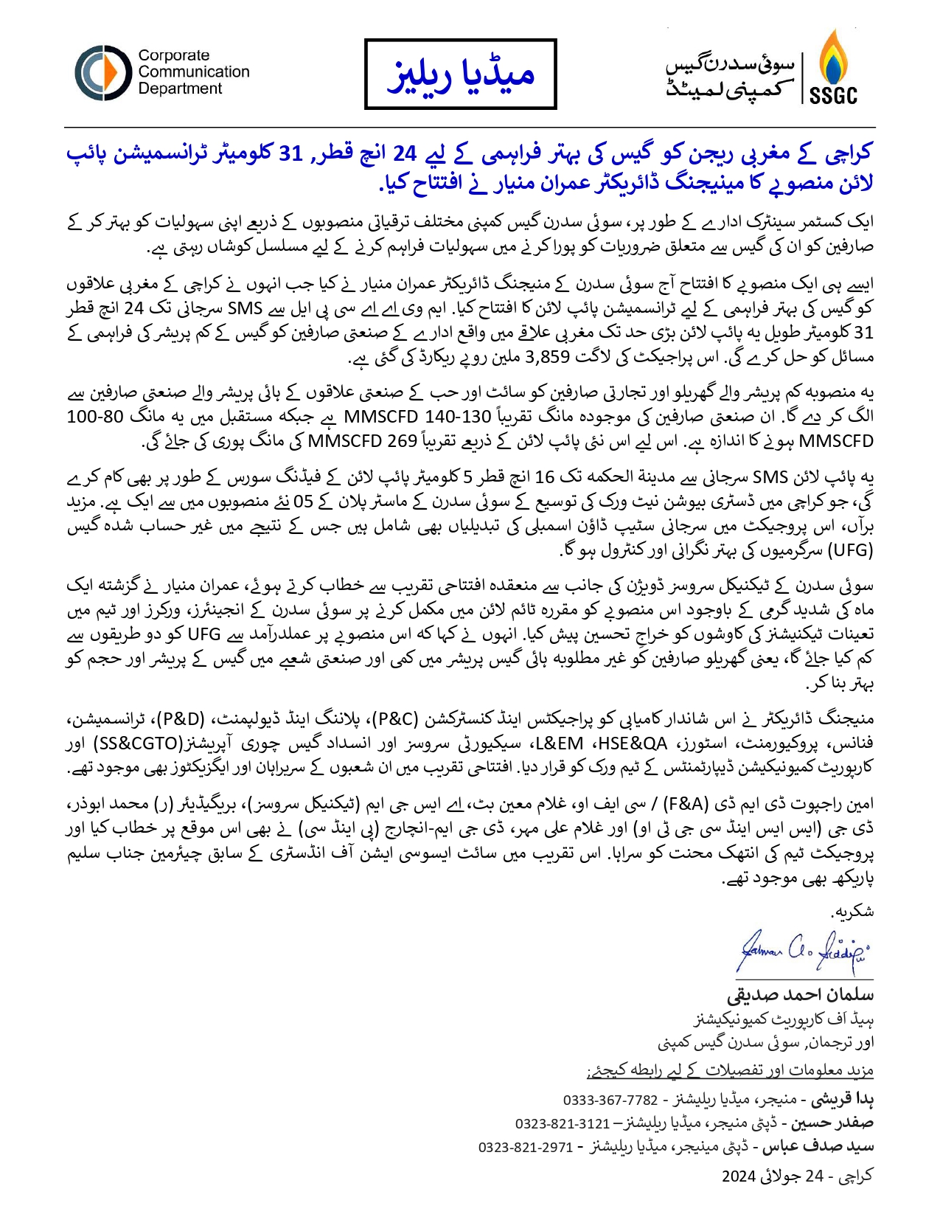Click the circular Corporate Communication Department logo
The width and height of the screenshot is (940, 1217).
pos(102,72)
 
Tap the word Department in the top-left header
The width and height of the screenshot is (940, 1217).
pos(180,89)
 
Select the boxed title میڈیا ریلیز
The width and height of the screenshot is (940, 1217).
pos(461,74)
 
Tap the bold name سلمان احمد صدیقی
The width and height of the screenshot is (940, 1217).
pos(800,994)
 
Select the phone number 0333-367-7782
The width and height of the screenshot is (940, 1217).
pos(610,1100)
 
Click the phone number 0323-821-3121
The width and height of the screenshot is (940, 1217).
pos(563,1123)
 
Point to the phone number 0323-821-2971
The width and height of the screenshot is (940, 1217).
pos(526,1147)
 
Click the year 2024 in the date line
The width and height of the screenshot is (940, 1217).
pos(739,1176)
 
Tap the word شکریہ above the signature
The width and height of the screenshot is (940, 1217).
pos(853,912)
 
